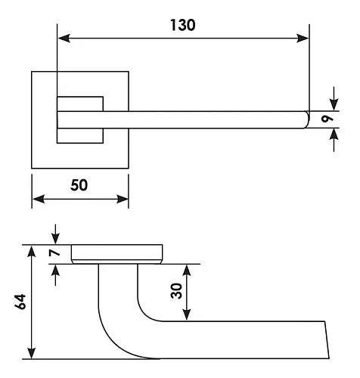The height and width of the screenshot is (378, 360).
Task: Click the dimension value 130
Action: (183, 25)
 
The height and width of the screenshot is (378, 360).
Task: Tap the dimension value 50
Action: (79, 185)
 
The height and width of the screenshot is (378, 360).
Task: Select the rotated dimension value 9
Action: (327, 119)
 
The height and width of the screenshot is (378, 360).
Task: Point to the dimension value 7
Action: (54, 253)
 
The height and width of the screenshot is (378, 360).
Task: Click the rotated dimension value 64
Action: (20, 302)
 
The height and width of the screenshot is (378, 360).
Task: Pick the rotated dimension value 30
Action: (176, 291)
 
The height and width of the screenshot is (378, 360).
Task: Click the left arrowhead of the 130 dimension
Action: (64, 39)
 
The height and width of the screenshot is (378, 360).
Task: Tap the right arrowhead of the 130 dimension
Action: (303, 39)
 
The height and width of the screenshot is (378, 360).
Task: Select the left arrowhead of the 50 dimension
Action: (39, 199)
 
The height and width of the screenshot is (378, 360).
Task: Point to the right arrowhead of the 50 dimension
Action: (123, 199)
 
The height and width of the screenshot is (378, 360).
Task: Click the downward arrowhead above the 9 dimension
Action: (334, 105)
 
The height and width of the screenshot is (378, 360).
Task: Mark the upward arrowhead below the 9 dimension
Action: (334, 135)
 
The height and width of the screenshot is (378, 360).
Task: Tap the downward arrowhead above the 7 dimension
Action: (55, 239)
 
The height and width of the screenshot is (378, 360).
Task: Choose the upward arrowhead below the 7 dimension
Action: (55, 270)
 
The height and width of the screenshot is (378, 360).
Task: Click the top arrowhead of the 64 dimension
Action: (31, 251)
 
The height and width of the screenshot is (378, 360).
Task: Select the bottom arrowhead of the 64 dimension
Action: (31, 353)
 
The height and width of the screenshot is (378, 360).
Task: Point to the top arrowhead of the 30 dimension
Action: (186, 271)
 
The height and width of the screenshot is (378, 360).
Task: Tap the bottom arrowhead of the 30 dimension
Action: (186, 315)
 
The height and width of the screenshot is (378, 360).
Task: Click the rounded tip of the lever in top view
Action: (307, 119)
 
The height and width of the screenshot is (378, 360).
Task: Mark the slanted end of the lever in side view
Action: (327, 339)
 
